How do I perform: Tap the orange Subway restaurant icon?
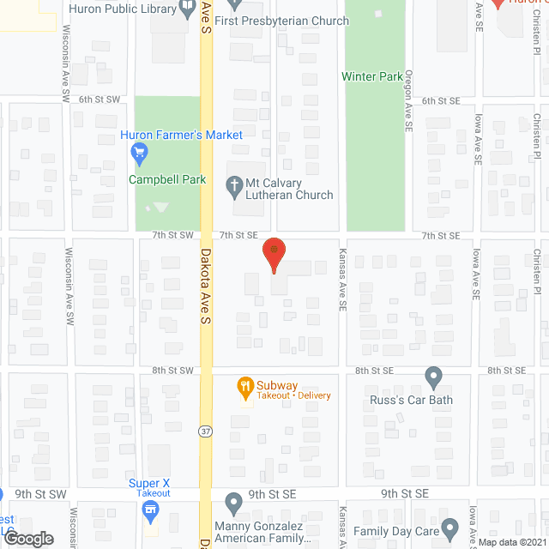coord(245,386)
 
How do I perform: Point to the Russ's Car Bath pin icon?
coord(434,377)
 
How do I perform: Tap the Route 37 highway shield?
coord(206,430)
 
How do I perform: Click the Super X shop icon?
coord(150,511)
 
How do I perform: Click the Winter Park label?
coord(372,76)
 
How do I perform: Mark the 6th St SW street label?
coord(97,100)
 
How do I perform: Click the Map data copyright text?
coord(512,542)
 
